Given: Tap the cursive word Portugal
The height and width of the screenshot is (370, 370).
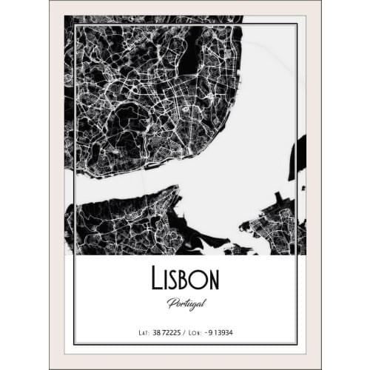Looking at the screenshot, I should (x=185, y=303).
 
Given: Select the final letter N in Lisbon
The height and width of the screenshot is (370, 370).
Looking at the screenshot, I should (x=212, y=279).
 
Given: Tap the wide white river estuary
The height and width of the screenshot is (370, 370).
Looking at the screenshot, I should (x=244, y=148).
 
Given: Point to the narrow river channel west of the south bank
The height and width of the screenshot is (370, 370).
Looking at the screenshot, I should (x=70, y=222).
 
